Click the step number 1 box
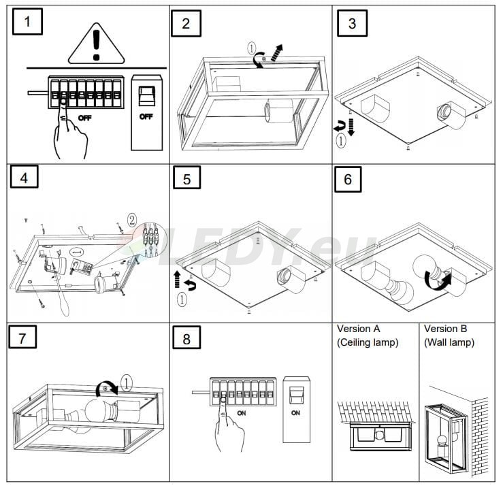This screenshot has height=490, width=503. tap(27, 21)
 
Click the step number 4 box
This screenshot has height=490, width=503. tap(25, 178)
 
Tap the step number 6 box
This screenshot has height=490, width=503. tap(348, 180)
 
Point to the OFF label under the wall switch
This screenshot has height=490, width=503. tap(146, 116)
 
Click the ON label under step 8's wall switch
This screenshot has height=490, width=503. tap(296, 412)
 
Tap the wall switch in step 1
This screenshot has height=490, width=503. tap(146, 99)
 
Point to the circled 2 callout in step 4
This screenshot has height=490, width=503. tap(132, 220)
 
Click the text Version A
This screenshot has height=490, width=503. tap(361, 329)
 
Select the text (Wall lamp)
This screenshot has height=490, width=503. tap(449, 342)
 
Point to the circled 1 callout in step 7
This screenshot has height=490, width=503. tap(125, 382)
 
